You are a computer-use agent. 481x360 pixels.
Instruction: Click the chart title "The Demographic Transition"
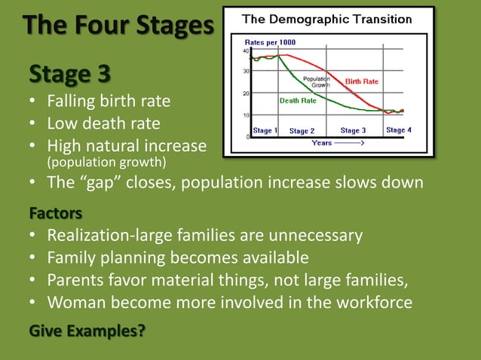point(326,19)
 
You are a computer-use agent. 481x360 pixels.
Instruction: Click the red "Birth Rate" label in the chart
point(361,81)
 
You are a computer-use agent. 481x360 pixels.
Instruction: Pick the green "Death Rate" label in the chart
point(298,100)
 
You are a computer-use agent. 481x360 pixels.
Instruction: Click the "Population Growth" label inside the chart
point(317,82)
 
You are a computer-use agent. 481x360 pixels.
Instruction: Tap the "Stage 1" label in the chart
point(265,130)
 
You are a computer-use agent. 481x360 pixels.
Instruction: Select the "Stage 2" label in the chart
point(302,131)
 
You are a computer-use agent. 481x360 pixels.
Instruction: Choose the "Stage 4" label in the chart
point(399,130)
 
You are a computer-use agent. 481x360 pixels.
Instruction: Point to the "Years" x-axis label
point(323,142)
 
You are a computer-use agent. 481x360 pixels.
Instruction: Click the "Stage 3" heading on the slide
point(69,75)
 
